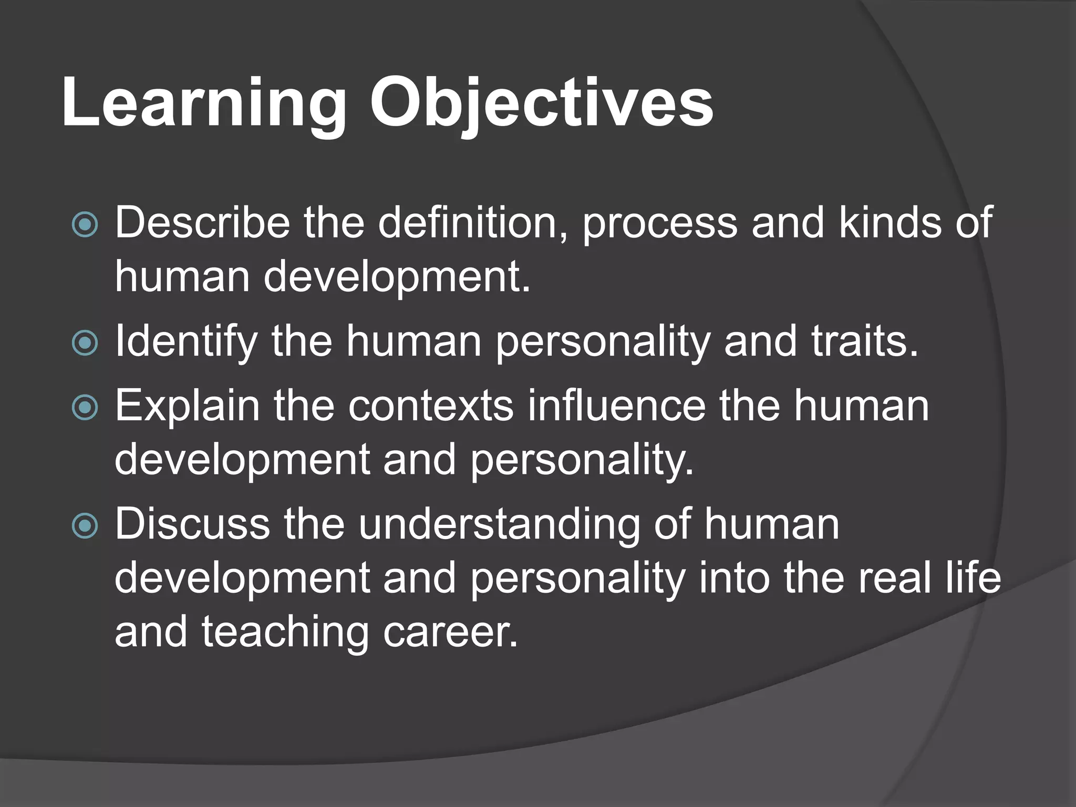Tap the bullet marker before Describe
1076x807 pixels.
pos(85,225)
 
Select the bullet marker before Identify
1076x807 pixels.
pos(85,343)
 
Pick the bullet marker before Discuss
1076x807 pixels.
pos(85,526)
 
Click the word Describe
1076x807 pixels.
pos(202,223)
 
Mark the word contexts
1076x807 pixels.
pos(430,406)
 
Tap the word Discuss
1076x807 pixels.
pos(192,524)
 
